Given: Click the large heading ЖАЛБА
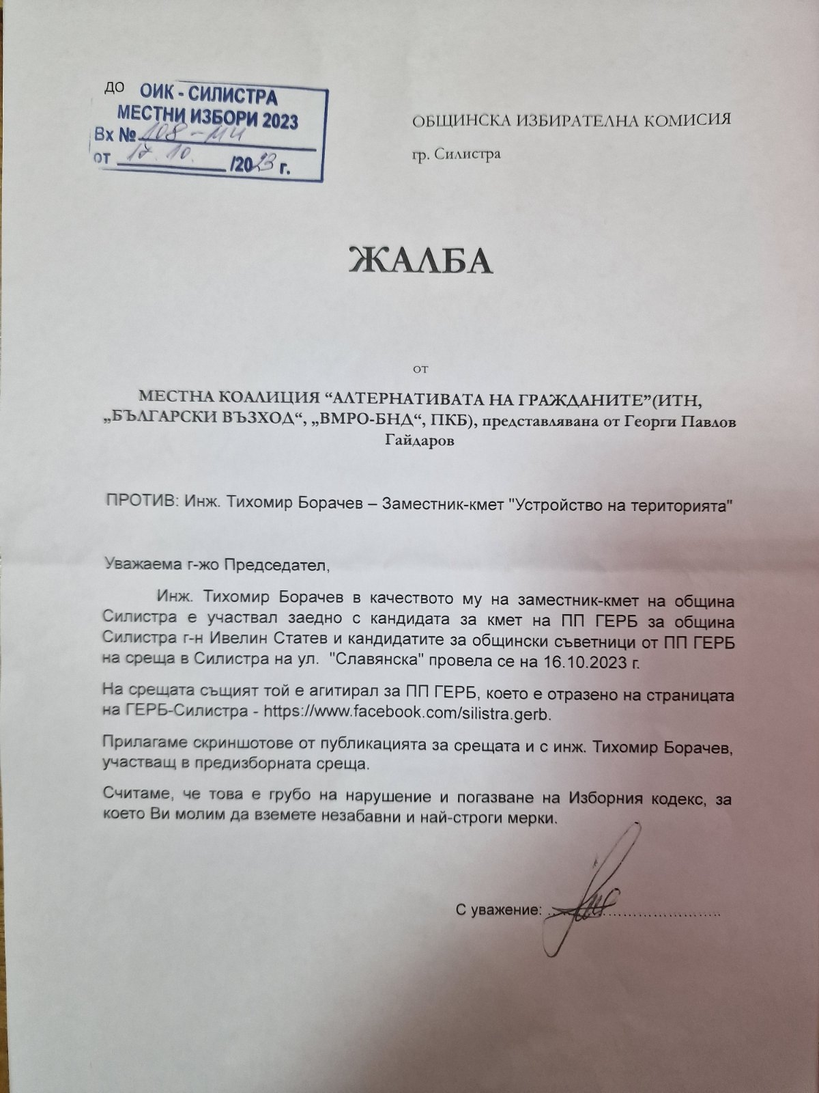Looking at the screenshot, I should pyautogui.click(x=420, y=259).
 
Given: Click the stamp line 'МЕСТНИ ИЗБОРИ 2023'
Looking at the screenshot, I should pyautogui.click(x=208, y=117).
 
